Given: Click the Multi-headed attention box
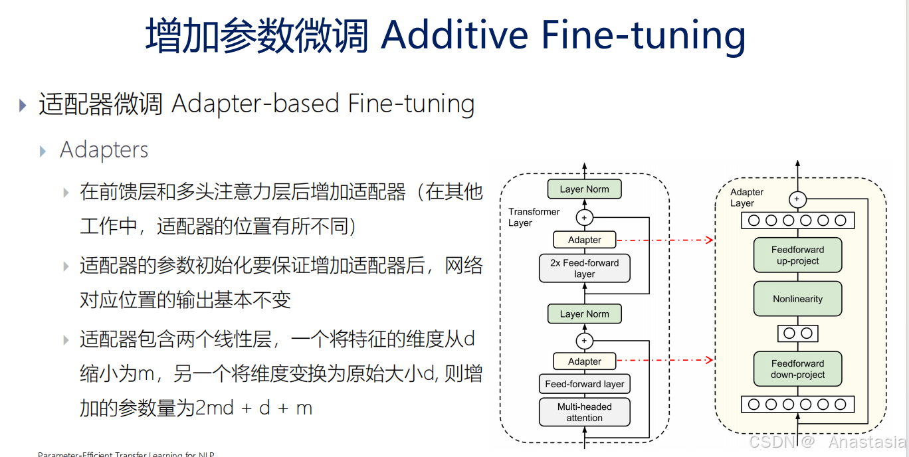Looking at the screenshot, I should (x=584, y=412).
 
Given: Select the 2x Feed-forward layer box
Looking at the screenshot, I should (x=584, y=268).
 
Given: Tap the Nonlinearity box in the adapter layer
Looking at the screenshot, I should (x=797, y=299).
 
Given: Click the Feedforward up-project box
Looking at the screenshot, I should (x=797, y=256).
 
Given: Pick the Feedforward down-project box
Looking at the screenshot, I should (x=797, y=369).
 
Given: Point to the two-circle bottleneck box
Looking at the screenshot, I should (x=797, y=333).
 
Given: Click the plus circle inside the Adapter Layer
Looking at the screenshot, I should (x=797, y=199).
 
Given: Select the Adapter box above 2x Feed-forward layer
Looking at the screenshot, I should (x=585, y=240).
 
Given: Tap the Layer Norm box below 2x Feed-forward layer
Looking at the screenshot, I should (x=584, y=314).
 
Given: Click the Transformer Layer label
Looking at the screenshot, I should (x=534, y=217).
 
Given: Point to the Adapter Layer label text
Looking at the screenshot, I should (x=746, y=197).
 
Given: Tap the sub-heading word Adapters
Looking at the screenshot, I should (x=104, y=150).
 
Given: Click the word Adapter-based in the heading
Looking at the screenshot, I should (x=256, y=104).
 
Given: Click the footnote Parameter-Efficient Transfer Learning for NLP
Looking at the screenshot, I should (x=126, y=454).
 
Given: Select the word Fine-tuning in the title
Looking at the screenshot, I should (x=643, y=35).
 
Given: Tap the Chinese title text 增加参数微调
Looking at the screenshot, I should (x=256, y=35).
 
